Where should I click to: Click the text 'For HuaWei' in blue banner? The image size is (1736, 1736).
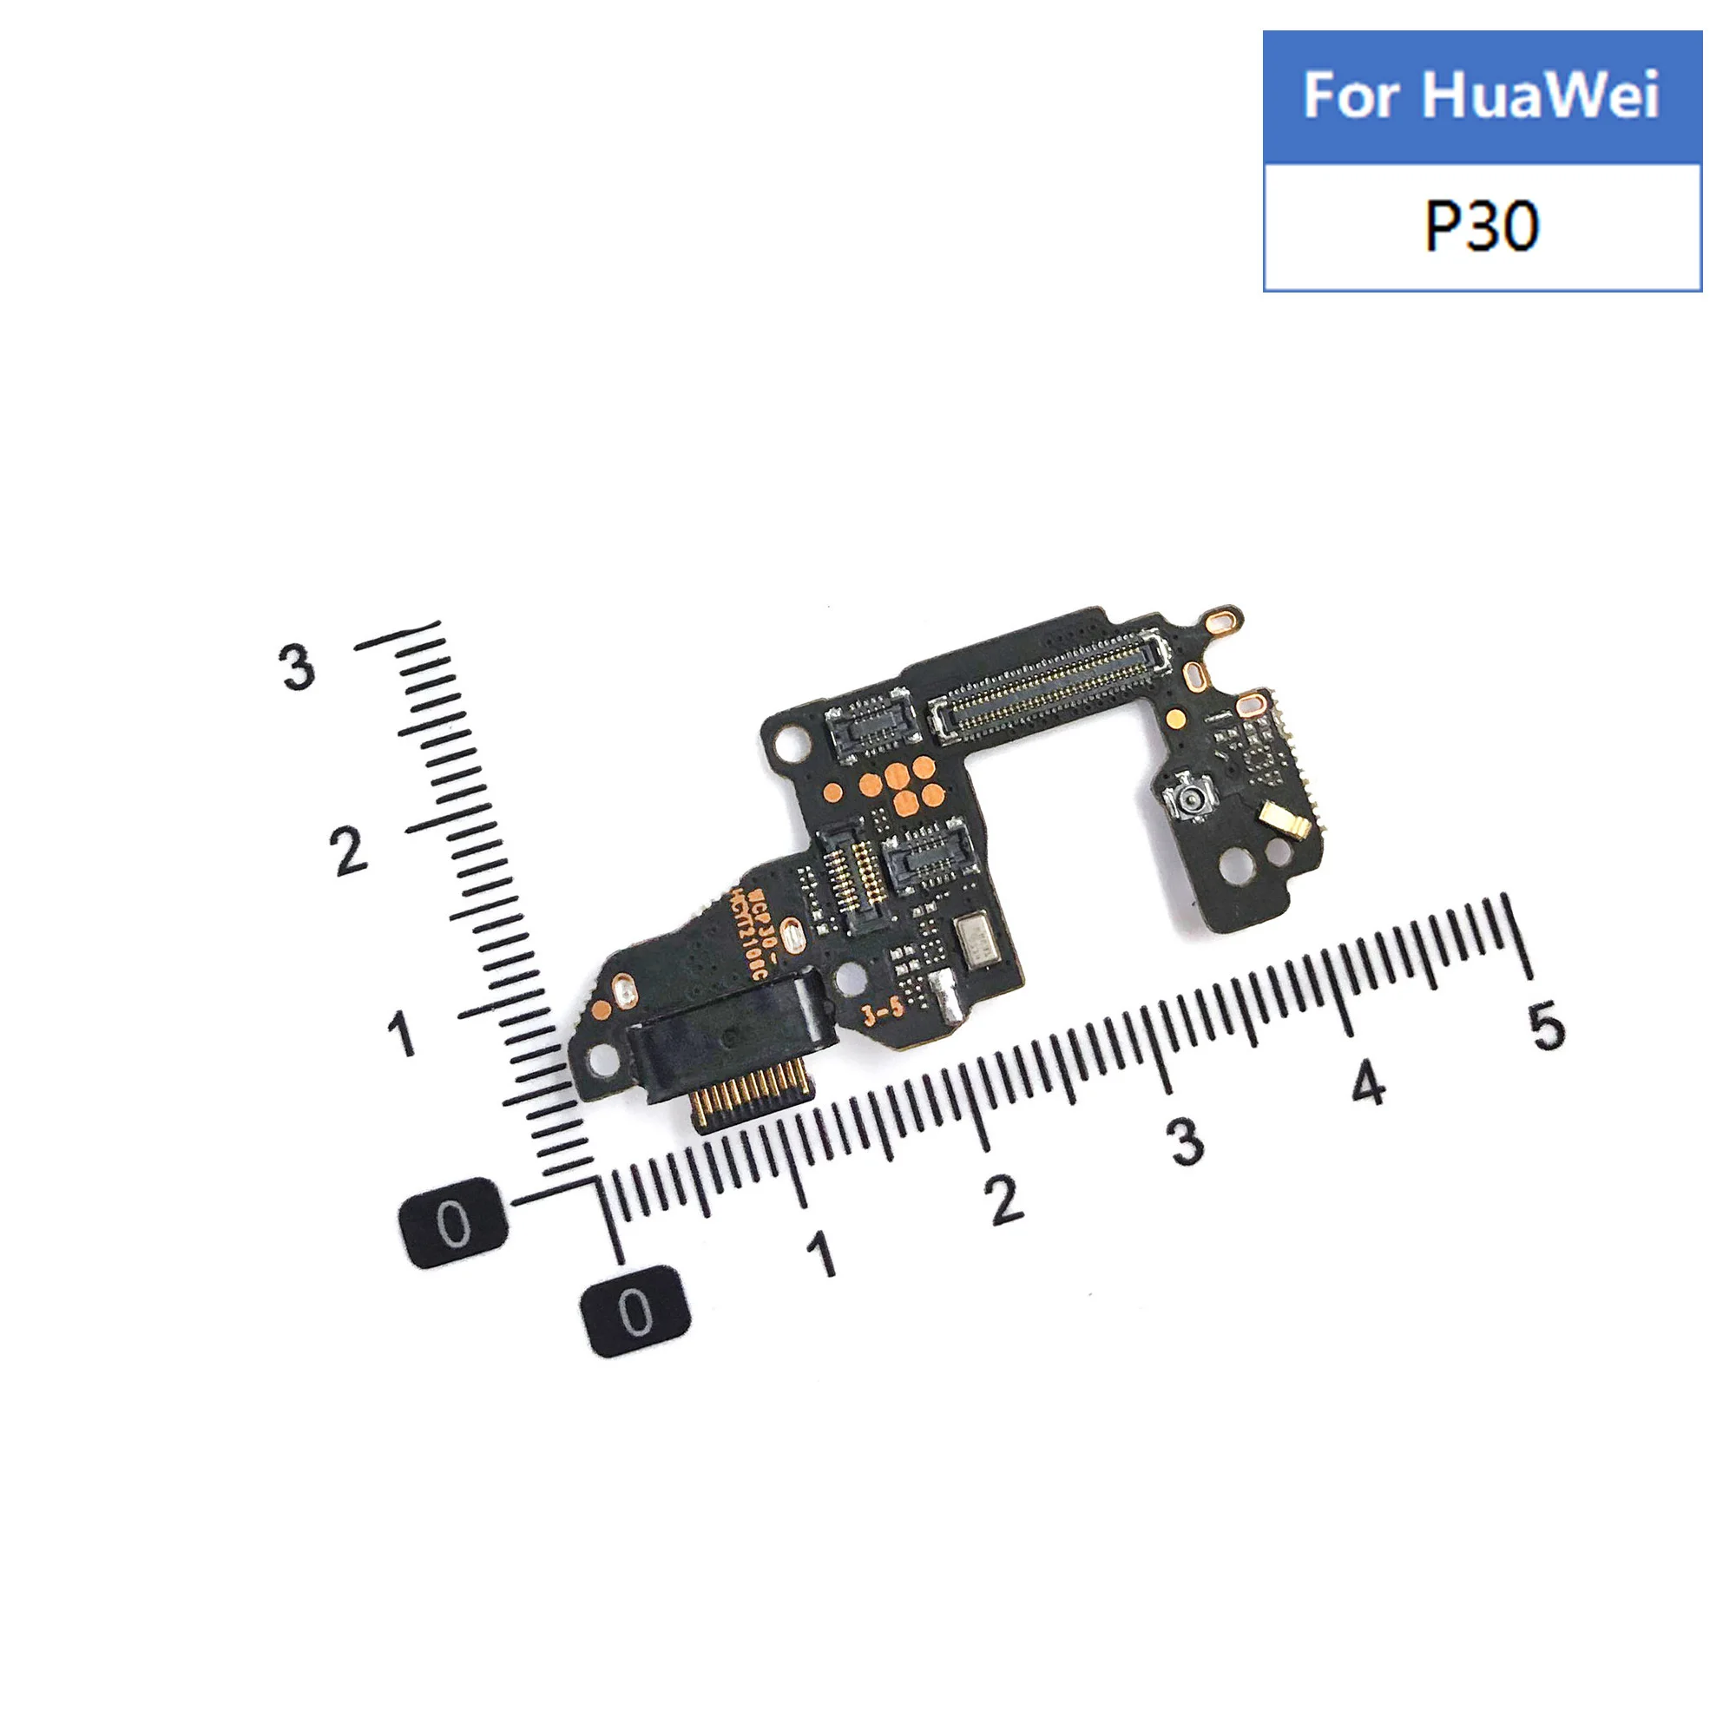tap(1481, 95)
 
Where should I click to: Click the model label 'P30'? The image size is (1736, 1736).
tap(1481, 227)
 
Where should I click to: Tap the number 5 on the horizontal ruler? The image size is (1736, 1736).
tap(1548, 1026)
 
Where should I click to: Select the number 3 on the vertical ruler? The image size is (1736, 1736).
tap(298, 667)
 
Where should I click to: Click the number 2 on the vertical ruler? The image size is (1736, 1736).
tap(349, 850)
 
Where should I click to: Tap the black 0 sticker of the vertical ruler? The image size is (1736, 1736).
tap(452, 1223)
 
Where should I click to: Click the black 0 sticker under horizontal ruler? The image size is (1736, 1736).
tap(636, 1311)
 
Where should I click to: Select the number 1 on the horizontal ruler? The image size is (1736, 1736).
tap(822, 1254)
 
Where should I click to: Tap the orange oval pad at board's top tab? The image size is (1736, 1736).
tap(1222, 619)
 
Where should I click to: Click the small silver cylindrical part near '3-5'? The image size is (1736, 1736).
tap(945, 1001)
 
